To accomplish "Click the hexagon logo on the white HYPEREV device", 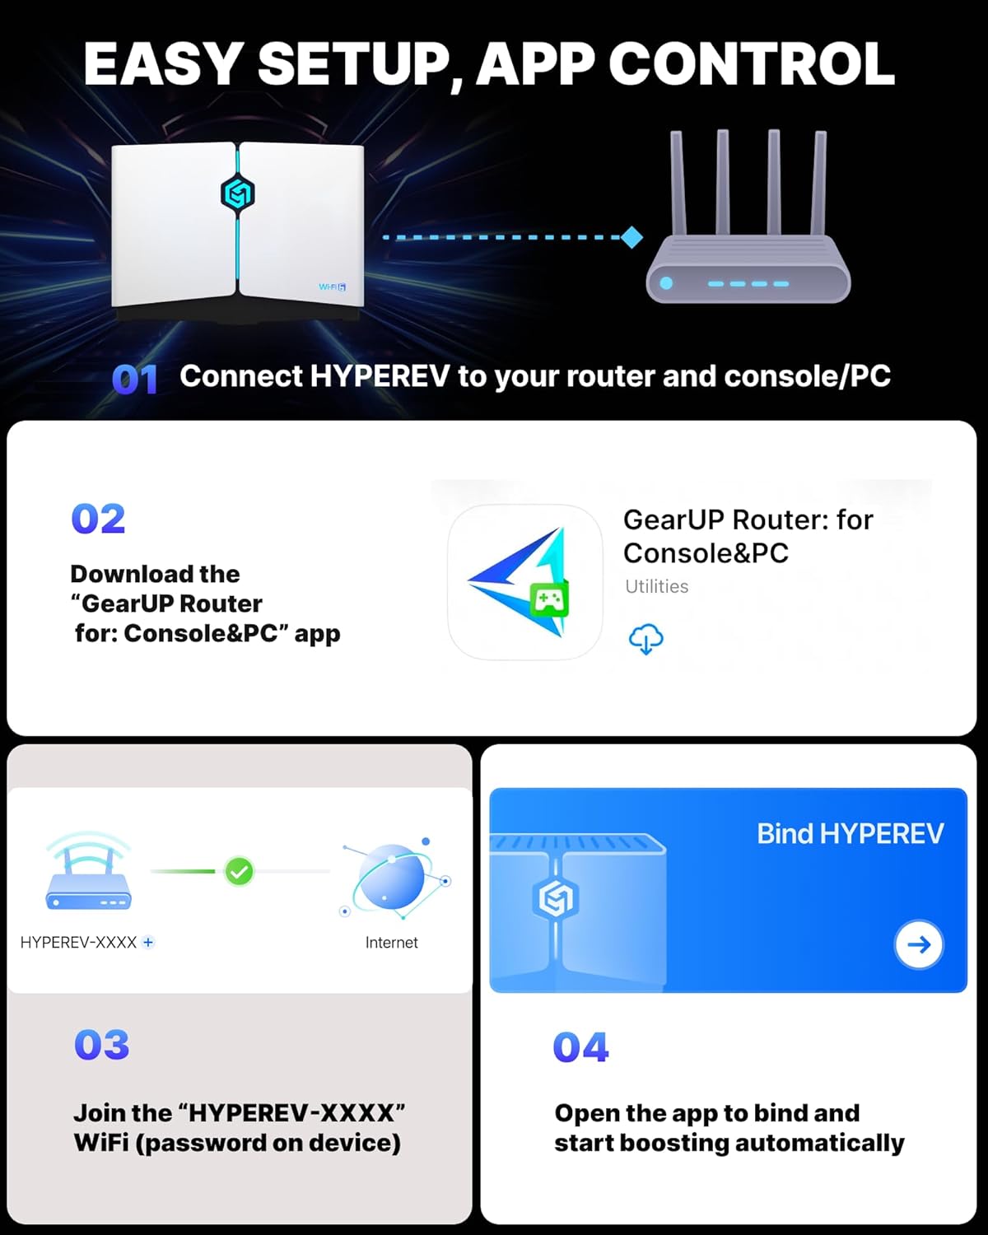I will point(238,193).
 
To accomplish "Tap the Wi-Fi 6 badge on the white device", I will point(332,287).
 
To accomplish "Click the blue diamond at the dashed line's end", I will point(631,238).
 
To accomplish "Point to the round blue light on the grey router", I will point(666,283).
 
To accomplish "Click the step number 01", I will point(134,380).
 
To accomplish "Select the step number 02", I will point(98,520).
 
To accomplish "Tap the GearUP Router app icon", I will point(524,582).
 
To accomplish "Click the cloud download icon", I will point(645,639).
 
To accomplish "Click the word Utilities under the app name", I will point(656,586).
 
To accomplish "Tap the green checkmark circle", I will point(239,871).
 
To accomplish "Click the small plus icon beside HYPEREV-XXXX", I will point(148,942).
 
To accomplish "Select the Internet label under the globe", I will point(391,943).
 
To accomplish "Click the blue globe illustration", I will point(393,878).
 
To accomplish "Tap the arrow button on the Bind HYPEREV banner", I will point(919,944).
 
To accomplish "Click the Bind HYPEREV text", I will point(850,834).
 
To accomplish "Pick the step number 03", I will point(102,1046).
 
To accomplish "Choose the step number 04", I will point(580,1048).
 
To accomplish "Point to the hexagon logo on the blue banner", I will point(557,898).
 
